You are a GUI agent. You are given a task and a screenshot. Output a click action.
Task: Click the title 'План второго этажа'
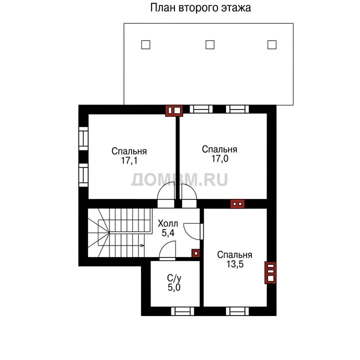(200, 8)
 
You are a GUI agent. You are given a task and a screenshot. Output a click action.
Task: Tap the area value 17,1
(129, 160)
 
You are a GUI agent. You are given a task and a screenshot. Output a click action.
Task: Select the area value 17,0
(219, 158)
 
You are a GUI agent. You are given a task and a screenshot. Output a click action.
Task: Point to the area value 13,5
(235, 264)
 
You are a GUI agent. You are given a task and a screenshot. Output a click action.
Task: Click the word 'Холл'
(168, 223)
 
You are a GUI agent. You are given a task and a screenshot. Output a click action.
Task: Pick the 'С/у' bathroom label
(174, 278)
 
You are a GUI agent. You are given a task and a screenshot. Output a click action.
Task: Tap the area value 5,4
(168, 233)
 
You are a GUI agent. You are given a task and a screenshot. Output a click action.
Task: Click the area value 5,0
(174, 287)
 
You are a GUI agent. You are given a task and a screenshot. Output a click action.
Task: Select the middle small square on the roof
(210, 45)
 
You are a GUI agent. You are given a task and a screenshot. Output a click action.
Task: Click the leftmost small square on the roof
(145, 45)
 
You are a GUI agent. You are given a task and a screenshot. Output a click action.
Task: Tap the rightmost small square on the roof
(272, 45)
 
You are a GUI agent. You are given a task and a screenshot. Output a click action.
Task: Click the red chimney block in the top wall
(174, 110)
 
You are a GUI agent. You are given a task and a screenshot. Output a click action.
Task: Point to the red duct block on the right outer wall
(270, 272)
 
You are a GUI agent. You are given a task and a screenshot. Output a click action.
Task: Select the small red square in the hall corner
(195, 253)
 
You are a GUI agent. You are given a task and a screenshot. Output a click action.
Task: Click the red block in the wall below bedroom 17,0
(237, 204)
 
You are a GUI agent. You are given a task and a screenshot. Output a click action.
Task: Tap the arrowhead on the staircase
(142, 245)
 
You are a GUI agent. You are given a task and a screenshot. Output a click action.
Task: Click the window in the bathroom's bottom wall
(182, 311)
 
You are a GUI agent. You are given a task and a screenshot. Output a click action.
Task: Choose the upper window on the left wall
(83, 138)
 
